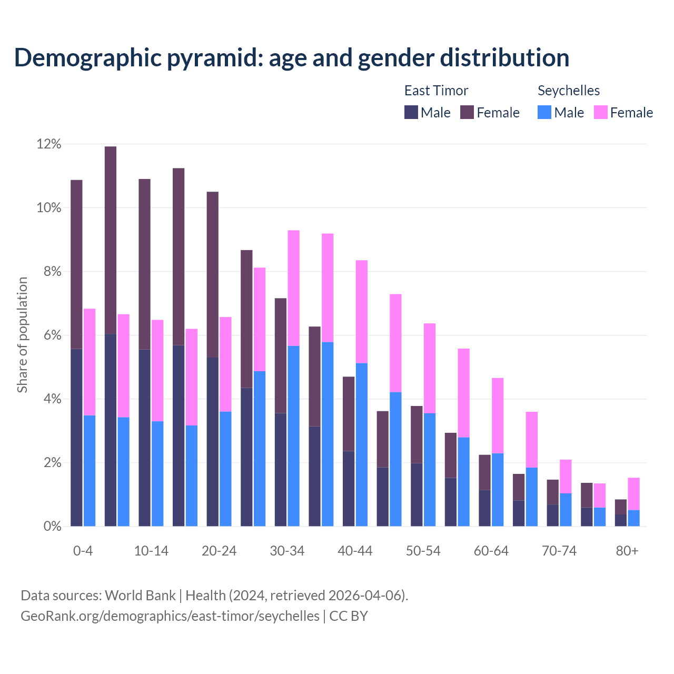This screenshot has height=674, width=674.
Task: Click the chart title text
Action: click(292, 58)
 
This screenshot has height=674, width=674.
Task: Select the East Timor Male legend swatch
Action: click(411, 112)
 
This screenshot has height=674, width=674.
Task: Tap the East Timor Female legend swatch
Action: click(467, 112)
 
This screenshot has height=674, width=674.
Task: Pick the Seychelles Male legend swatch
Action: click(544, 112)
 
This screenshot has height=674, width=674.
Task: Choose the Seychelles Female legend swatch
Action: click(600, 112)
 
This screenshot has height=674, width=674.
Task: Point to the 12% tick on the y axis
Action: click(49, 144)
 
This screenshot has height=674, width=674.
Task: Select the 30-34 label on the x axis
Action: click(287, 551)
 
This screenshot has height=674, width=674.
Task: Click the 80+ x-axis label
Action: click(627, 551)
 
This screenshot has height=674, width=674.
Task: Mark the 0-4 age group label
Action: click(83, 551)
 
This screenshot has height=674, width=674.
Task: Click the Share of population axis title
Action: click(23, 335)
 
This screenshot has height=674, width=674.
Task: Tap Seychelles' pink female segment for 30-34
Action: click(293, 288)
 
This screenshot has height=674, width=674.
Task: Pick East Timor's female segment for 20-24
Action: click(213, 274)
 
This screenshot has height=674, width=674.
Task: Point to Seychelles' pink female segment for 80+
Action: click(634, 493)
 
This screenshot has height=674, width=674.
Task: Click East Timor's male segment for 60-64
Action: click(484, 508)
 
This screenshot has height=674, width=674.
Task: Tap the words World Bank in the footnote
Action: click(140, 596)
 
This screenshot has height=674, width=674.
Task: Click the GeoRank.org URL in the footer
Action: click(170, 616)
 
